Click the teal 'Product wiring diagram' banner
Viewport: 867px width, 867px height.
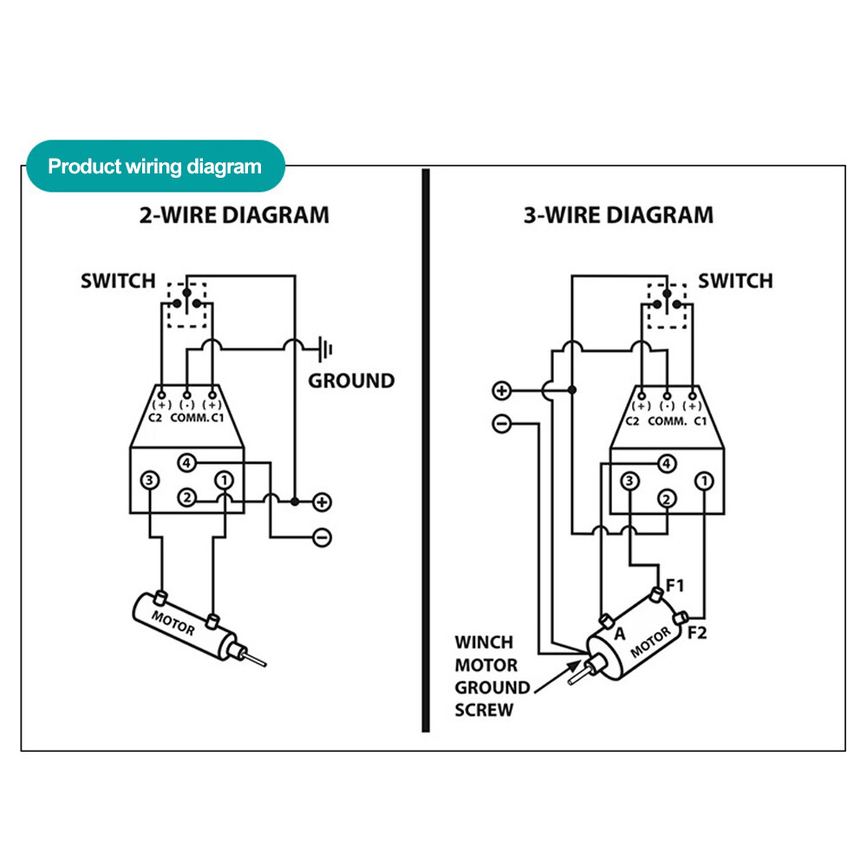pyautogui.click(x=155, y=166)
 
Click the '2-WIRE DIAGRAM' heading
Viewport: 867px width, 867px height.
pyautogui.click(x=234, y=215)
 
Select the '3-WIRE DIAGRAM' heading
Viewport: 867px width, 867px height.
pyautogui.click(x=618, y=215)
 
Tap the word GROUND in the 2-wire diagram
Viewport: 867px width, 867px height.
pyautogui.click(x=351, y=381)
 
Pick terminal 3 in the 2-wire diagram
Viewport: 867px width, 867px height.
pyautogui.click(x=150, y=479)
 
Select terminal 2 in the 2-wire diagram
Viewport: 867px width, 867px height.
pyautogui.click(x=187, y=498)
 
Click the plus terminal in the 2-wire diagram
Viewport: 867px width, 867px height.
pyautogui.click(x=322, y=502)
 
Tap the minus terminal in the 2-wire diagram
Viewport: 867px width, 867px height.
pyautogui.click(x=322, y=538)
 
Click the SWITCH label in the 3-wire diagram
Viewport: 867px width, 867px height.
pyautogui.click(x=734, y=281)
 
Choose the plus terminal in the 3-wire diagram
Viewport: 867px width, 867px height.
pyautogui.click(x=501, y=390)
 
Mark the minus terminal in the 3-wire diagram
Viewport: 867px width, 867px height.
pyautogui.click(x=501, y=424)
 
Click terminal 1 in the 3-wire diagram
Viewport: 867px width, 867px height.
pyautogui.click(x=706, y=480)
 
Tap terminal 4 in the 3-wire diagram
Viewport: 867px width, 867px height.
pyautogui.click(x=667, y=463)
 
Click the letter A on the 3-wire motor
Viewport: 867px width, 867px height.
pyautogui.click(x=619, y=634)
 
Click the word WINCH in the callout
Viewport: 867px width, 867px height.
pyautogui.click(x=484, y=642)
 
